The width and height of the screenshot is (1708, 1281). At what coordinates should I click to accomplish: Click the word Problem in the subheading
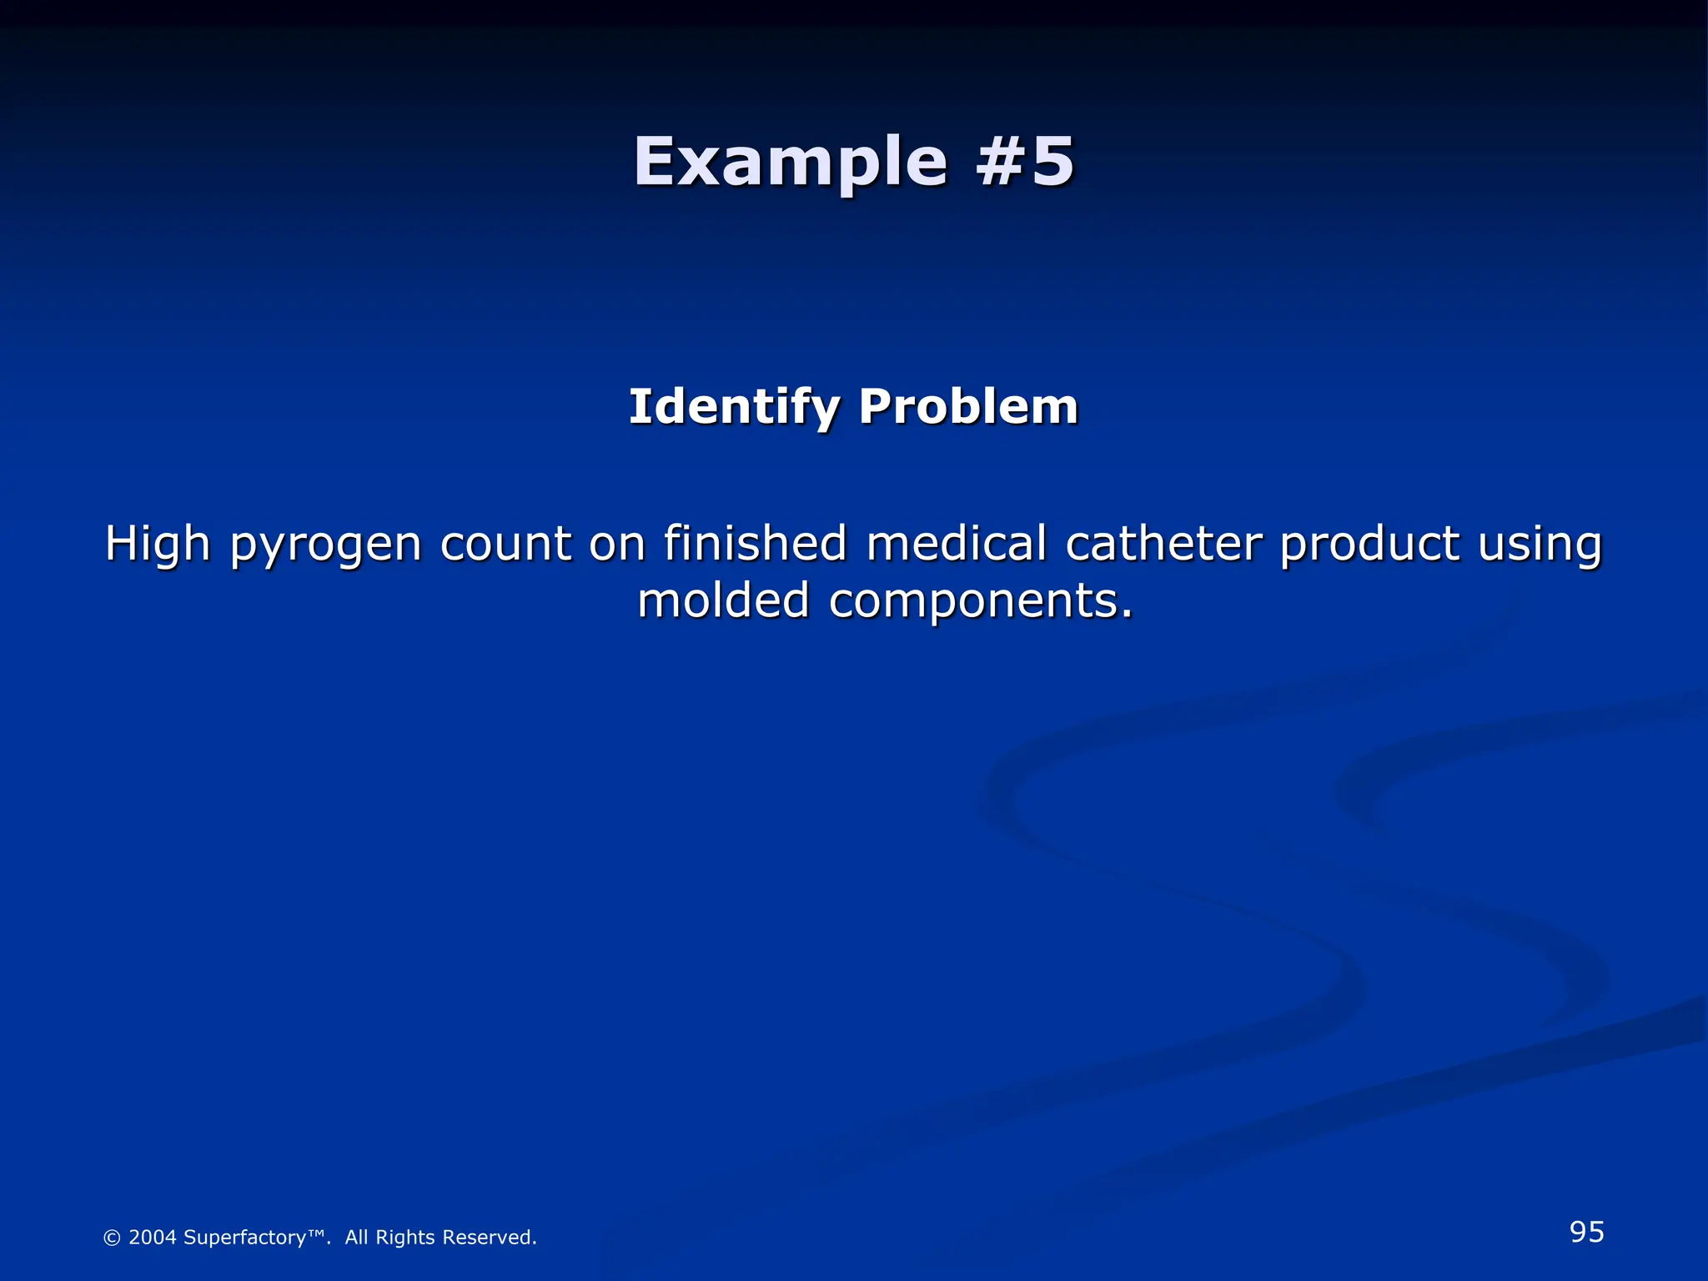click(x=968, y=407)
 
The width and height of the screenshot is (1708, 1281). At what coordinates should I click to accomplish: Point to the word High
click(x=158, y=545)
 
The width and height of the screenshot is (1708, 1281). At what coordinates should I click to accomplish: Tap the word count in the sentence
click(x=505, y=545)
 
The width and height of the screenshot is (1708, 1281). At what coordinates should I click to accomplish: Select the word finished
click(x=756, y=543)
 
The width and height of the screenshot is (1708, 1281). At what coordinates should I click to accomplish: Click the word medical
click(x=956, y=543)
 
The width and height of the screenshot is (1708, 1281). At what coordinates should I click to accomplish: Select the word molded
click(x=723, y=600)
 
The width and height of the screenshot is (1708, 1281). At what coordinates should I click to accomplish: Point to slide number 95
click(x=1586, y=1232)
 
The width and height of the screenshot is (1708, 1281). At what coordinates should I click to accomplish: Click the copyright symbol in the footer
click(x=111, y=1238)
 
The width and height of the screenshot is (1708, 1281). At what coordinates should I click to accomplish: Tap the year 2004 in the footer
click(x=153, y=1238)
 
